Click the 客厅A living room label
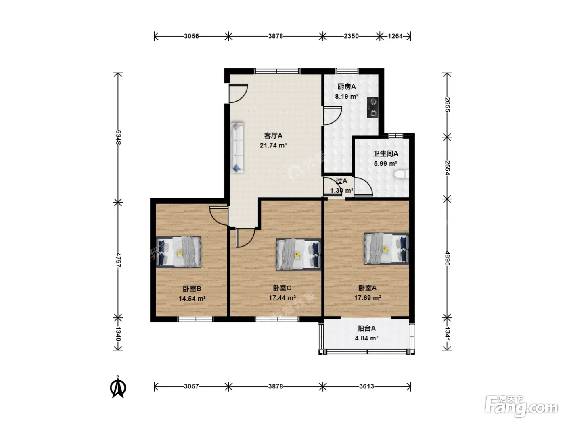(x=273, y=135)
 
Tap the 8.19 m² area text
(x=346, y=97)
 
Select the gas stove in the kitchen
(x=372, y=107)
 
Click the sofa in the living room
(x=237, y=148)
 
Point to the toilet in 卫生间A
(x=401, y=174)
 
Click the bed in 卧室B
(x=179, y=252)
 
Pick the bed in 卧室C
(x=299, y=255)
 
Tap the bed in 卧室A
(x=386, y=249)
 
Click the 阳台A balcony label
(x=366, y=328)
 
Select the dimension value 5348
(x=118, y=137)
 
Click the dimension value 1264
(x=395, y=36)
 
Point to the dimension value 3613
(x=366, y=386)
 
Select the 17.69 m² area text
(x=368, y=298)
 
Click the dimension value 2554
(x=447, y=168)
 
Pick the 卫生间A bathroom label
(x=385, y=153)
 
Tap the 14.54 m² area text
(x=192, y=299)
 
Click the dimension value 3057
(x=192, y=386)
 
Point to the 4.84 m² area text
(x=366, y=338)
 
